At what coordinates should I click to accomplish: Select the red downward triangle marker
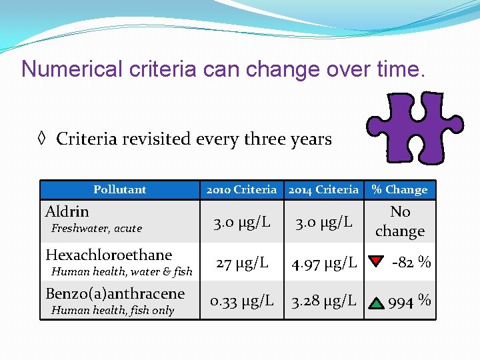pos(376,261)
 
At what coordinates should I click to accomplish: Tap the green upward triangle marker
pos(377,302)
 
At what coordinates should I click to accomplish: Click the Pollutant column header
pos(120,190)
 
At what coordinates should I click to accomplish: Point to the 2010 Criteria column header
pos(241,190)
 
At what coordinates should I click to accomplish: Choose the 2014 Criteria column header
pos(323,190)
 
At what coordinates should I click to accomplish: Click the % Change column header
pos(399,190)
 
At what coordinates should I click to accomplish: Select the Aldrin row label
pos(67,212)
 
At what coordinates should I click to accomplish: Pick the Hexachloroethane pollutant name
pos(109,255)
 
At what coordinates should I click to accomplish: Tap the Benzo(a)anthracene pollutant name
pos(115,294)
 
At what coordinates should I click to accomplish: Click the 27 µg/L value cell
pos(241,263)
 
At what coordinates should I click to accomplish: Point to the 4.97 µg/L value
pos(323,263)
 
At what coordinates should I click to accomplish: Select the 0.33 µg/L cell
pos(241,301)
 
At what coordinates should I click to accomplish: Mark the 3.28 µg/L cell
pos(323,301)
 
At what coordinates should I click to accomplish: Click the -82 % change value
pos(411,262)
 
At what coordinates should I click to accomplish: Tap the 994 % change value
pos(409,301)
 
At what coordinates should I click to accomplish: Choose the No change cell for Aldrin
pos(400,221)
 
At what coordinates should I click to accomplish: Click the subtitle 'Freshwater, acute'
pos(97,229)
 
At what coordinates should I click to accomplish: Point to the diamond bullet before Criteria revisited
pos(41,139)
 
